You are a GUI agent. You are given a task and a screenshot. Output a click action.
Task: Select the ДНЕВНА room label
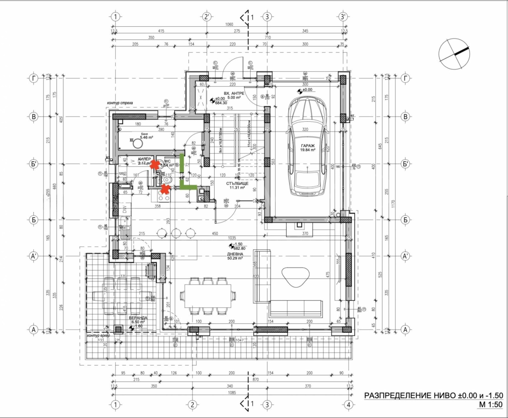click(x=235, y=254)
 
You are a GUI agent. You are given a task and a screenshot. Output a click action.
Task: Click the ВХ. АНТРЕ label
click(x=234, y=94)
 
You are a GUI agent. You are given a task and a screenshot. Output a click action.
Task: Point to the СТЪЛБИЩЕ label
click(x=237, y=184)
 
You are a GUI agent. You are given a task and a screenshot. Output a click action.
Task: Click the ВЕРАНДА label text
click(x=138, y=318)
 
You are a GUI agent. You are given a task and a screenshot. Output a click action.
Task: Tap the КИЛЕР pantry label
click(x=144, y=159)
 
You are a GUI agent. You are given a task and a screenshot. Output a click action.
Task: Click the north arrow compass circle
click(x=454, y=54)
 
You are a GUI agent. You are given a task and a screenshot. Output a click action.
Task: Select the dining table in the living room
click(x=208, y=296)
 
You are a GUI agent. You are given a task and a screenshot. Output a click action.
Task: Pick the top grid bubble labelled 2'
click(x=207, y=17)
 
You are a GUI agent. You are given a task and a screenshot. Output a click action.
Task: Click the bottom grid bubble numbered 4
click(x=349, y=405)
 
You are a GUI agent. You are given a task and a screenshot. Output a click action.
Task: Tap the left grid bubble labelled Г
click(x=34, y=78)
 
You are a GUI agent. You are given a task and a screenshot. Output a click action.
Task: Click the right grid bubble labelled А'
click(x=405, y=256)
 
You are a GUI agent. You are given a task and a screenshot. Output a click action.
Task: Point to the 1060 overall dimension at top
click(x=229, y=24)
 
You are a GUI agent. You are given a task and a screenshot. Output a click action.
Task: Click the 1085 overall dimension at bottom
click(x=232, y=393)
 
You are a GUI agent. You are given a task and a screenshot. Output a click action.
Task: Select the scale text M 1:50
click(x=491, y=404)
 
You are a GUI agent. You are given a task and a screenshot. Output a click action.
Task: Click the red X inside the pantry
click(x=155, y=164)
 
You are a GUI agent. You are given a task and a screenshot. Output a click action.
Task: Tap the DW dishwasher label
click(x=125, y=209)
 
